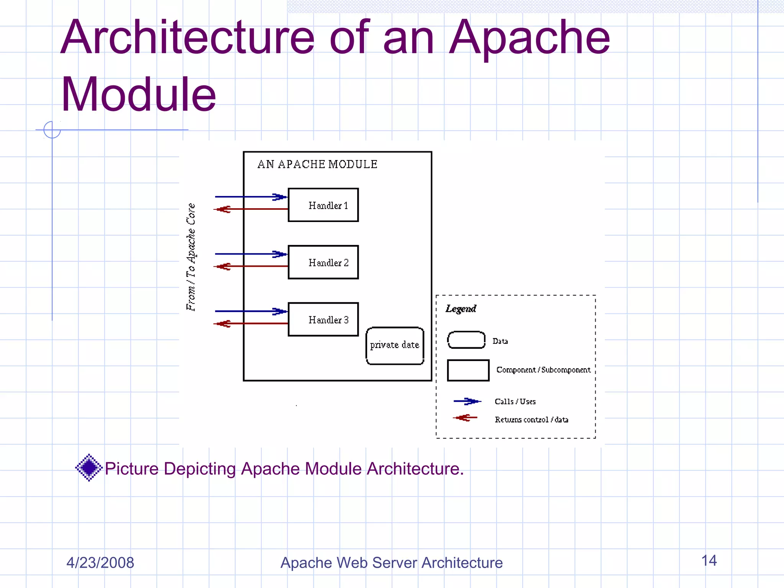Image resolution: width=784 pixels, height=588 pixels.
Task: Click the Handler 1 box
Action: (323, 205)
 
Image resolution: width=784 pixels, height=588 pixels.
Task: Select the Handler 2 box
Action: (323, 262)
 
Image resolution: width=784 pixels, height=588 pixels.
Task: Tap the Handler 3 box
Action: (323, 319)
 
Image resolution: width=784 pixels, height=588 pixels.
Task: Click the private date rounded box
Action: (395, 345)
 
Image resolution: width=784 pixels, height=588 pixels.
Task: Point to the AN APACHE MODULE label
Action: (317, 164)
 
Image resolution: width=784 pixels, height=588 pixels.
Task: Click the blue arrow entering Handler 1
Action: (251, 197)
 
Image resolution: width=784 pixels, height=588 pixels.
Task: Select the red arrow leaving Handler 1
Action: (251, 209)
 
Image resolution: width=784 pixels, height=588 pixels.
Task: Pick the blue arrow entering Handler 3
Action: (251, 311)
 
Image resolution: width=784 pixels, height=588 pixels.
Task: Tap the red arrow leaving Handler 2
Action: (251, 266)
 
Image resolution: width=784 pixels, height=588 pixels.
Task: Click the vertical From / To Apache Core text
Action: (191, 257)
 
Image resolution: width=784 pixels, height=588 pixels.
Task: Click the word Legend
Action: (461, 309)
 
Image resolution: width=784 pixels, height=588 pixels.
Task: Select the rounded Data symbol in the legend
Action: (466, 340)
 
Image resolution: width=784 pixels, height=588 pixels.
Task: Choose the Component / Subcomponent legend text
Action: (543, 370)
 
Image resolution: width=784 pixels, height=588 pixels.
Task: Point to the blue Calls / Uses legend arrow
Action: (467, 401)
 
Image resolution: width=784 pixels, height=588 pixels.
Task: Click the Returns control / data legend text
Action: (531, 420)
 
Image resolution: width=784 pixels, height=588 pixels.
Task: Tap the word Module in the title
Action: (139, 94)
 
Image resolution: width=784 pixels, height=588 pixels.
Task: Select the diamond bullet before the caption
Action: (89, 467)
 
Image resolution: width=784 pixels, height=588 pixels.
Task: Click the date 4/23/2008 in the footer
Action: (100, 563)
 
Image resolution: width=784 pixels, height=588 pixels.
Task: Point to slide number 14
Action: (709, 560)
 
